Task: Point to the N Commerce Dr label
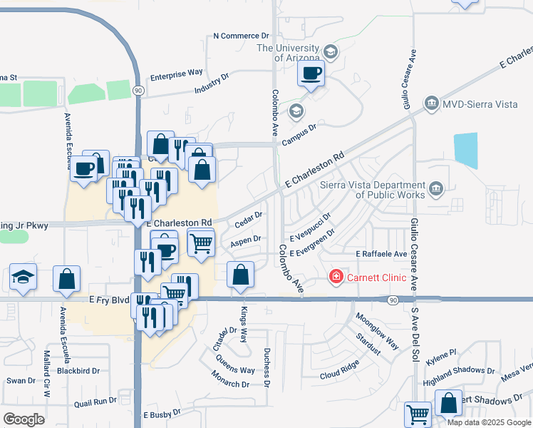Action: [x=242, y=35]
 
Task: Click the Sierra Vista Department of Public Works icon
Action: [x=436, y=189]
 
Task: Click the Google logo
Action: [x=24, y=419]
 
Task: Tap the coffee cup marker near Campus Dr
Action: [x=311, y=73]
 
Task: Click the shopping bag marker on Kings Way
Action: [x=241, y=275]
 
